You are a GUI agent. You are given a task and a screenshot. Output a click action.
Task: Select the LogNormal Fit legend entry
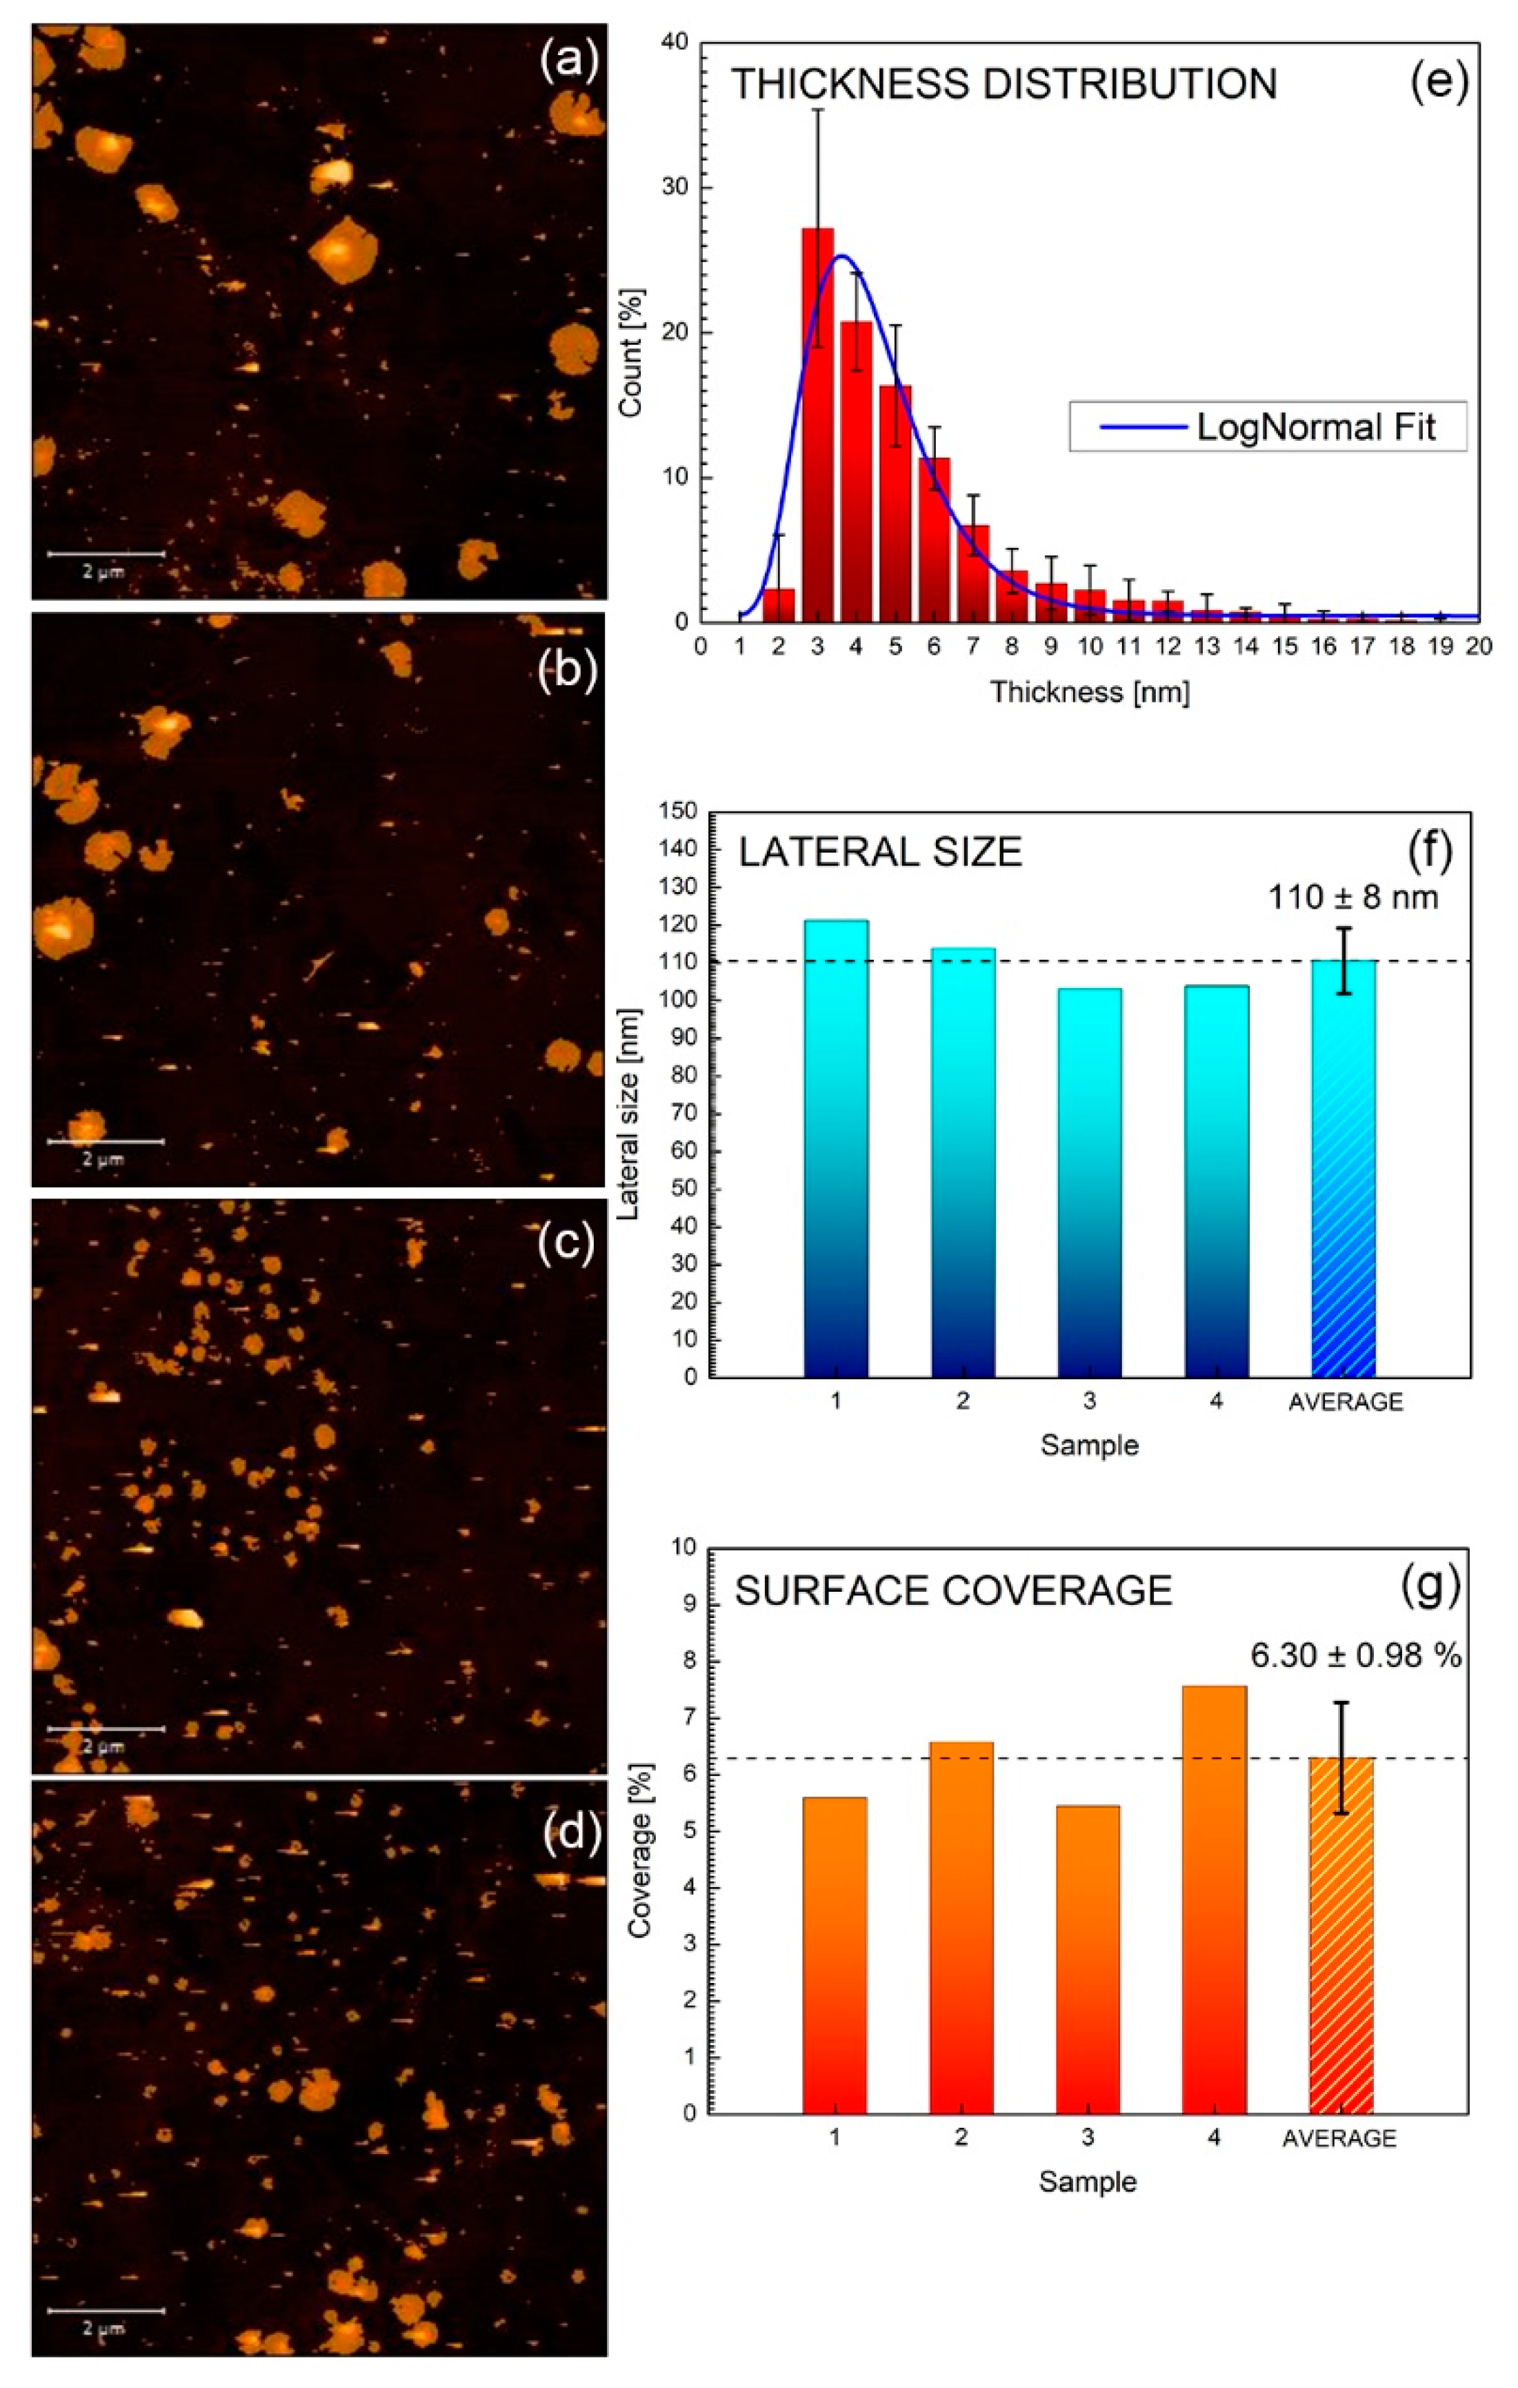point(1266,426)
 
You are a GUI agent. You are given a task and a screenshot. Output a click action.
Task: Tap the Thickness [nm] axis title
point(1089,691)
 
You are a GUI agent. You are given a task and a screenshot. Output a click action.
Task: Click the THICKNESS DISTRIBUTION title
point(1003,84)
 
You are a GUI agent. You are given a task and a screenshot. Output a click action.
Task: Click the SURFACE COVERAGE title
point(953,1590)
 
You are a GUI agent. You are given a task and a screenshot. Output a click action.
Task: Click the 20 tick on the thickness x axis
point(1477,647)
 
